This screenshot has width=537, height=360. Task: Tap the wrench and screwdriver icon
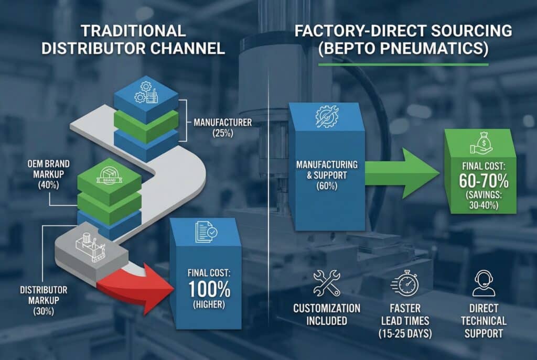click(326, 283)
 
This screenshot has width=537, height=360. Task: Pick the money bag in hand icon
click(481, 142)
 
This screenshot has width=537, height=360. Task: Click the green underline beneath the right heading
click(403, 65)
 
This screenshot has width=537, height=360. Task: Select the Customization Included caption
click(327, 314)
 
